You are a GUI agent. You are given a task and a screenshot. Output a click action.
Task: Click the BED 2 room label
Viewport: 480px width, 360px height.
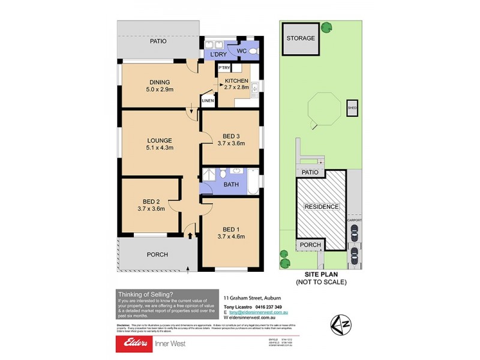pyautogui.click(x=151, y=201)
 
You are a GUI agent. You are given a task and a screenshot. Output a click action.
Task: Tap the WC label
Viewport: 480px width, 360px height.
pyautogui.click(x=242, y=52)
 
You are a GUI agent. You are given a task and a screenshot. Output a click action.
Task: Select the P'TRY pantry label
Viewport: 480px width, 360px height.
pyautogui.click(x=224, y=68)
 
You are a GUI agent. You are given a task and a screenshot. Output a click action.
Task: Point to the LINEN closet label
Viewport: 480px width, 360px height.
pyautogui.click(x=208, y=101)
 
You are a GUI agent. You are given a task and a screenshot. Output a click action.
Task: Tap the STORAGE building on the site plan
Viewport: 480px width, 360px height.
pyautogui.click(x=300, y=38)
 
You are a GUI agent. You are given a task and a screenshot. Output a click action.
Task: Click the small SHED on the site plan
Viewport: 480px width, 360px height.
pyautogui.click(x=352, y=109)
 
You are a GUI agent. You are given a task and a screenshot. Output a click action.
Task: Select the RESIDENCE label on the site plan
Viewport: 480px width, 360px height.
pyautogui.click(x=322, y=207)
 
